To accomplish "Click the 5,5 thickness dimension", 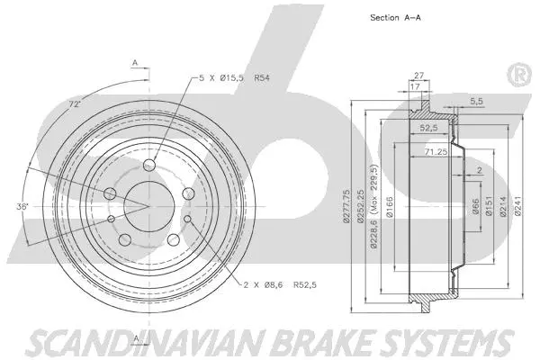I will coord(477,101).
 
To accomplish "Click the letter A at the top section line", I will coord(135,61).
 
